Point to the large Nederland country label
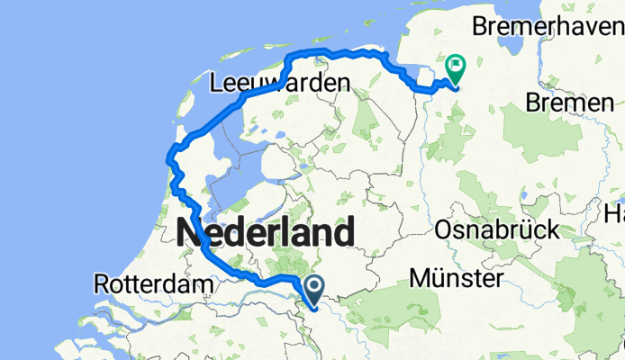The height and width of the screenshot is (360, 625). pos(265,232)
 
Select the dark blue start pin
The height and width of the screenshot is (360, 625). pos(314,291)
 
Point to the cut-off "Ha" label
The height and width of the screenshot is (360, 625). pos(615,215)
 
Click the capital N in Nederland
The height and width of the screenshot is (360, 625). pos(191,232)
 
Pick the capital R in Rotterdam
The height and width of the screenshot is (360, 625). pos(101,284)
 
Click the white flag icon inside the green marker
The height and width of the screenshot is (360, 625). pos(457,65)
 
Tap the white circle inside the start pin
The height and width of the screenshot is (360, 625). pos(314,287)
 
